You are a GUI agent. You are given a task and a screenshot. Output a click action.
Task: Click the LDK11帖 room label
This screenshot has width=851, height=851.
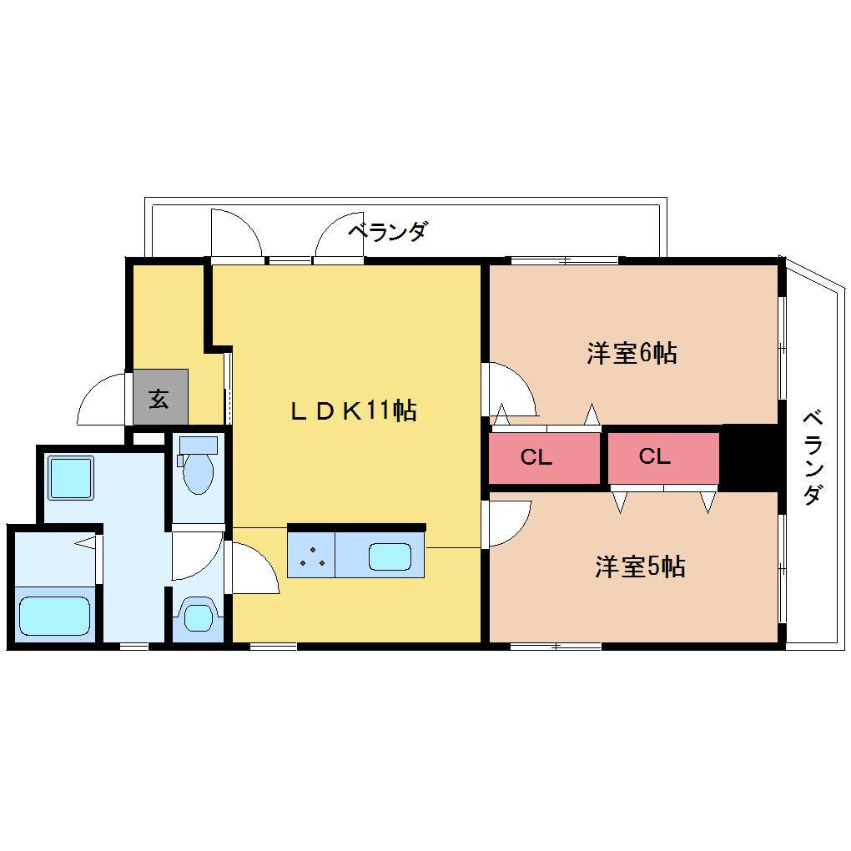click(354, 410)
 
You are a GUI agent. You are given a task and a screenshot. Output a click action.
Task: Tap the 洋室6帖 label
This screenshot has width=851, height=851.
click(632, 353)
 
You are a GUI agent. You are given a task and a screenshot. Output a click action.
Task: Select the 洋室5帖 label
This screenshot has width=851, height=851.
click(640, 566)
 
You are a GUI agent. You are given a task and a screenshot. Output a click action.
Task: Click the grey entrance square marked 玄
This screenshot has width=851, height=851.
click(161, 397)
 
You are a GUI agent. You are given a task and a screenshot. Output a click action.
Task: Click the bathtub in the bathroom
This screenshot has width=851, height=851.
click(54, 616)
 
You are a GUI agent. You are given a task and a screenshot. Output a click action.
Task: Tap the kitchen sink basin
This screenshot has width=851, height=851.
click(390, 556)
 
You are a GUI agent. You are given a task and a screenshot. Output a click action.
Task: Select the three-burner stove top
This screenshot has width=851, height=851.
click(311, 555)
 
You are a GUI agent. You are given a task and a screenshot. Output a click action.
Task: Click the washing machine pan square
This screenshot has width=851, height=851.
click(71, 477)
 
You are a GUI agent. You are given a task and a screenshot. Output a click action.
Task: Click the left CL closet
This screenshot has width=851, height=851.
click(544, 457)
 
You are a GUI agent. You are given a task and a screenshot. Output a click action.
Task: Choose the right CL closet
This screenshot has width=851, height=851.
click(663, 457)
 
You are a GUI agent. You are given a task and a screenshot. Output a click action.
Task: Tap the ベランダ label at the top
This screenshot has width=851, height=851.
click(387, 232)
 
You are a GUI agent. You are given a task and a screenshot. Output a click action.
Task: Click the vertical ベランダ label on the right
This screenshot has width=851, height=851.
click(813, 458)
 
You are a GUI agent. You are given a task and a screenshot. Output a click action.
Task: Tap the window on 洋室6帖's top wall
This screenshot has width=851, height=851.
click(565, 261)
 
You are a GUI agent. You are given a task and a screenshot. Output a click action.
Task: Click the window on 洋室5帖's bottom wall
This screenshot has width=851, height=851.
click(556, 647)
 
